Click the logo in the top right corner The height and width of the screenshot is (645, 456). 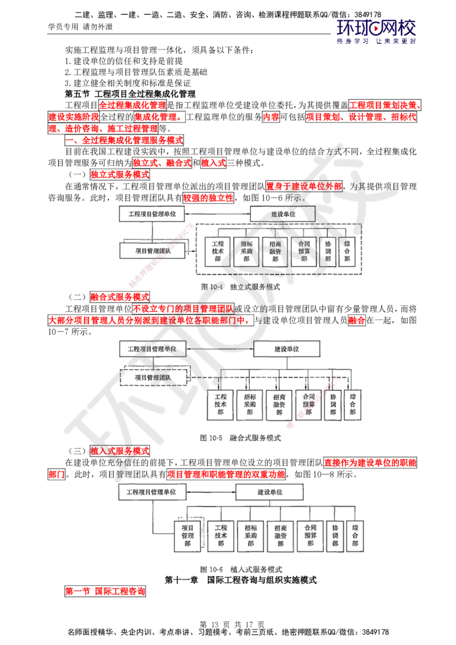[377, 31]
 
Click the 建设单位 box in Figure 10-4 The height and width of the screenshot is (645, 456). [283, 214]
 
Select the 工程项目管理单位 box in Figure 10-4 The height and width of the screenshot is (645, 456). [152, 214]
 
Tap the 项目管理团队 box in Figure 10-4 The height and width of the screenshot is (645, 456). [152, 250]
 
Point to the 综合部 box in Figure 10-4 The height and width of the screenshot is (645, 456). [348, 251]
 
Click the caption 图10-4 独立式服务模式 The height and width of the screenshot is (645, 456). [241, 287]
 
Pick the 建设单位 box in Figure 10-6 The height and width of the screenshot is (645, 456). [270, 491]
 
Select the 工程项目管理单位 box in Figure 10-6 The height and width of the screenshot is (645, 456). [151, 491]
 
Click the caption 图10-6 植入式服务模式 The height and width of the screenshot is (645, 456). [240, 569]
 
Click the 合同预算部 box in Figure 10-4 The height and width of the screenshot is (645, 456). [304, 251]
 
